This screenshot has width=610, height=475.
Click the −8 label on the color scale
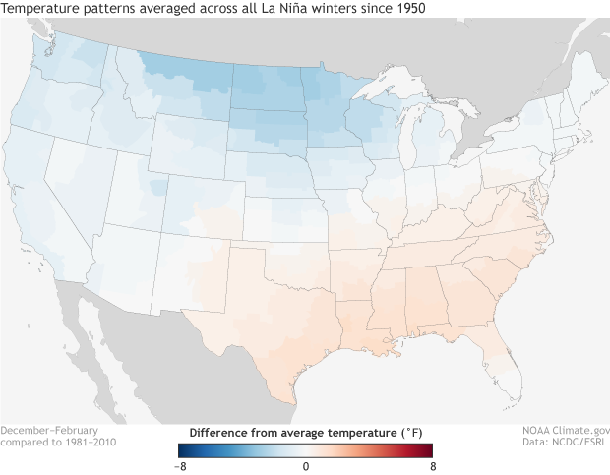pyautogui.click(x=179, y=465)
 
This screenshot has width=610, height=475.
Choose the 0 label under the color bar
pyautogui.click(x=305, y=465)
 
